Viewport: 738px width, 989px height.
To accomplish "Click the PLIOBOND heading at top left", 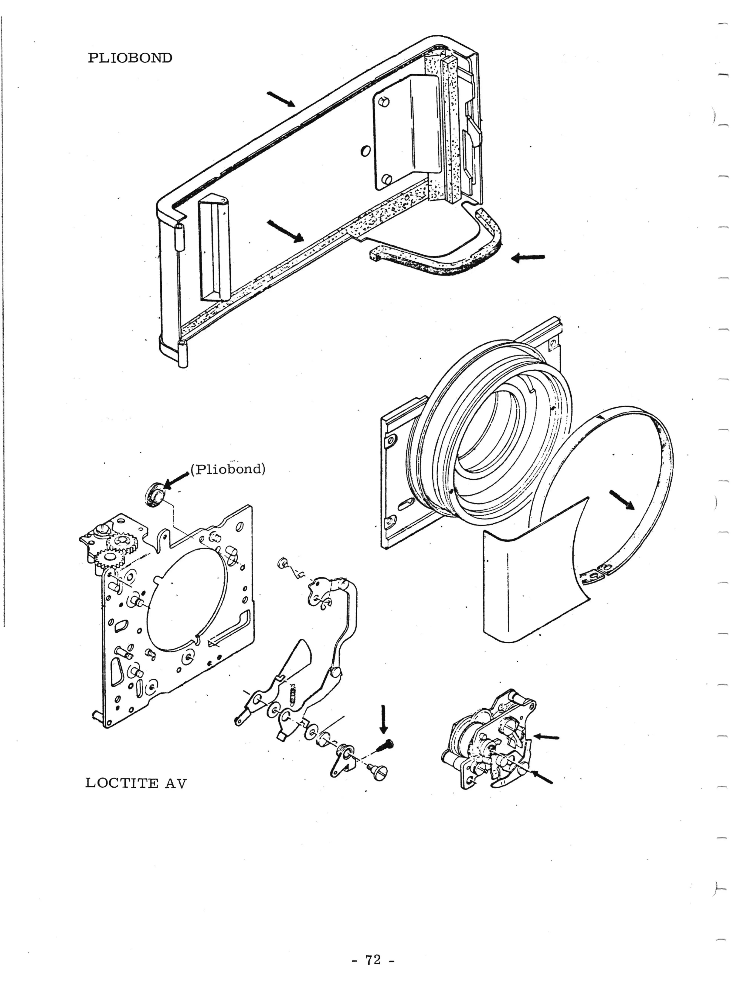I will [x=130, y=58].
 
